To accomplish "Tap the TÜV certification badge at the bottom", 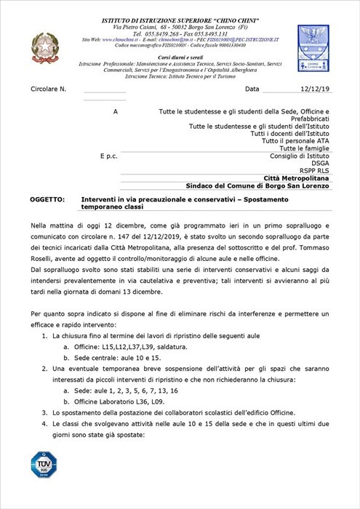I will point(43,465).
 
